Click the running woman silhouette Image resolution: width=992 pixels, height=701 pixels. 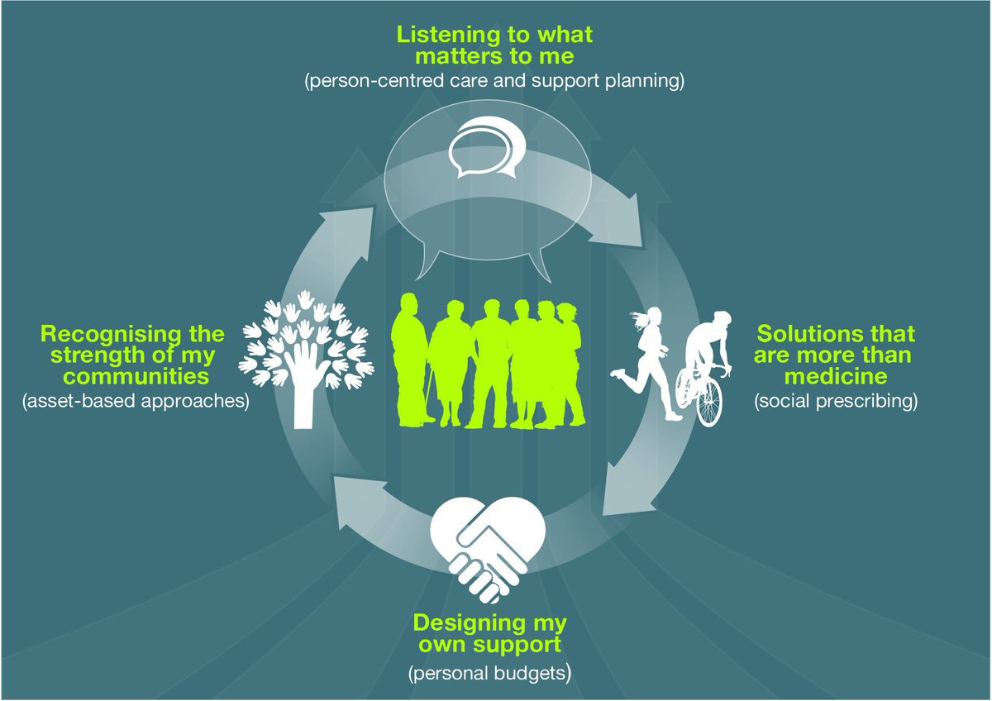pos(648,360)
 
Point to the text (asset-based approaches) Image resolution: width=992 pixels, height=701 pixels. pos(137,402)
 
